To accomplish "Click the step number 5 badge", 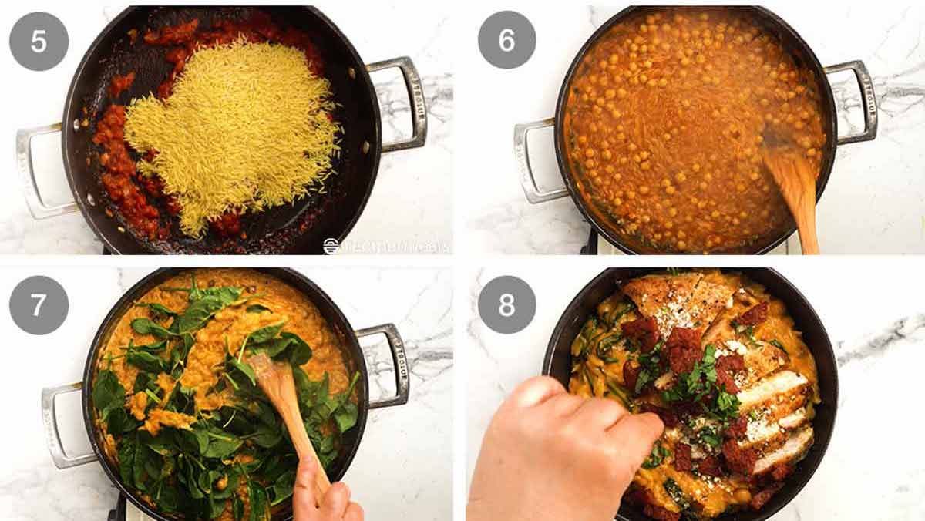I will point(39,41).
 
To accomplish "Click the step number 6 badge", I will point(506,40).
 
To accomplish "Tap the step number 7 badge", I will point(39,305).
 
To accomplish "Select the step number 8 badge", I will point(506,305).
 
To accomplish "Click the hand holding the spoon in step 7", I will point(324,497).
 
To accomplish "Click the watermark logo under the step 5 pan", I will point(385,246).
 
